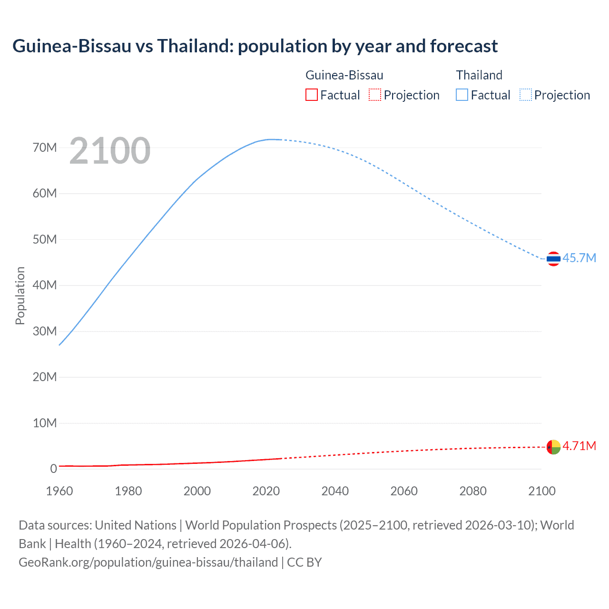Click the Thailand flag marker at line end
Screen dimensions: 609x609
click(553, 259)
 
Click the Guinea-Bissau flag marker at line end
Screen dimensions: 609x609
click(553, 447)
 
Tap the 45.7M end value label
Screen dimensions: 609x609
click(579, 258)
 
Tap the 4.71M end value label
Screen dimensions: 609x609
click(579, 446)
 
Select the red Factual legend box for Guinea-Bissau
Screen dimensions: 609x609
click(311, 95)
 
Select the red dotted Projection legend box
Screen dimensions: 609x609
click(375, 95)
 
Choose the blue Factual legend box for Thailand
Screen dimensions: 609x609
click(462, 95)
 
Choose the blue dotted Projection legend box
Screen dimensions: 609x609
click(526, 95)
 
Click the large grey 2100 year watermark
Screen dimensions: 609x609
click(110, 151)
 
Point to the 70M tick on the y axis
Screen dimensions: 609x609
click(45, 147)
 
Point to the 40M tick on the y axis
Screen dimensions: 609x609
click(45, 285)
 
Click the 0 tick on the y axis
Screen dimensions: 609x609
click(53, 469)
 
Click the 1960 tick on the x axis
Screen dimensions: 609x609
click(59, 491)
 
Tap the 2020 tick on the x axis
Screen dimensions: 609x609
click(266, 491)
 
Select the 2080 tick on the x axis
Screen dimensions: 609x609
click(473, 491)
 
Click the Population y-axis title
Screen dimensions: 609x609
click(20, 295)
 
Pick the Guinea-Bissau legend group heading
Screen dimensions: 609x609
click(344, 75)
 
